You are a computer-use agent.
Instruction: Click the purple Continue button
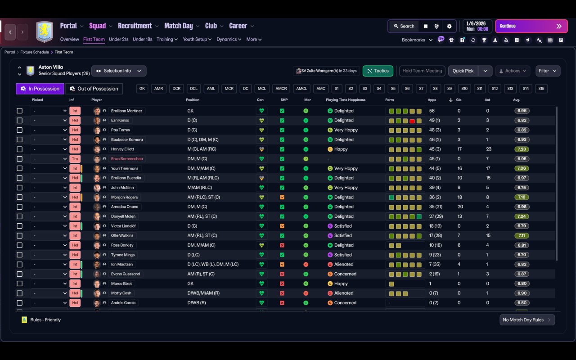[531, 26]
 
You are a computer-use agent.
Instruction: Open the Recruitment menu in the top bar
[135, 26]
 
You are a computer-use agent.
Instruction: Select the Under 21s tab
[118, 39]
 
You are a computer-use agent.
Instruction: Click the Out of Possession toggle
[94, 89]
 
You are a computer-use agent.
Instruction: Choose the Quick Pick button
[463, 71]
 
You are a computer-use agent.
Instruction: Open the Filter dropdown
[548, 71]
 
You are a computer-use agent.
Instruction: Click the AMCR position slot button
[281, 89]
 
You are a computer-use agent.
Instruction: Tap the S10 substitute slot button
[464, 89]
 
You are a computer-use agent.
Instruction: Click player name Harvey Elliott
[122, 149]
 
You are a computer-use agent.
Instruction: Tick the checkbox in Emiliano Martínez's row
[19, 111]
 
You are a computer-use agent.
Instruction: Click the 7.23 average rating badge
[522, 149]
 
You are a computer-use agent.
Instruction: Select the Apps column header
[432, 100]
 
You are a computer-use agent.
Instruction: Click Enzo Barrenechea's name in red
[128, 159]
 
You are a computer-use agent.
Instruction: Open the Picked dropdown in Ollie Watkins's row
[49, 236]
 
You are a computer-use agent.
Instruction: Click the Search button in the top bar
[403, 26]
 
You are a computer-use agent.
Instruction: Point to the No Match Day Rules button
[527, 320]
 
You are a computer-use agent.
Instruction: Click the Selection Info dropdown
[119, 71]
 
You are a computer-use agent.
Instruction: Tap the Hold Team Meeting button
[422, 71]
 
